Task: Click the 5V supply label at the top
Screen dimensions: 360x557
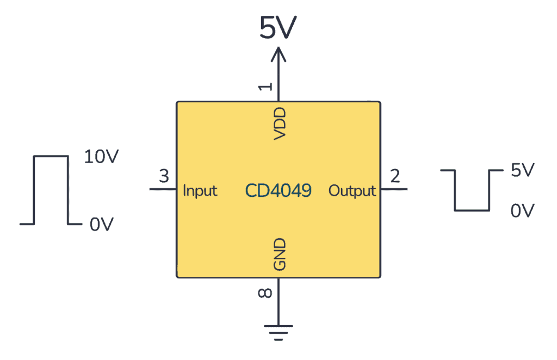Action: coord(278,27)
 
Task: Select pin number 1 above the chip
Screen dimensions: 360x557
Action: coord(265,86)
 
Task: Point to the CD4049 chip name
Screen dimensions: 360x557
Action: coord(278,190)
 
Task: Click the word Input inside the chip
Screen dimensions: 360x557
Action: coord(200,191)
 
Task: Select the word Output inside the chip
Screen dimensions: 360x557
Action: coord(352,191)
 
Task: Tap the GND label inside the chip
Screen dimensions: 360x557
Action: coord(280,255)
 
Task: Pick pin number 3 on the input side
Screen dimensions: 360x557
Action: coord(164,177)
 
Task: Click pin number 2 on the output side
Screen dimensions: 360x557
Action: coord(395,177)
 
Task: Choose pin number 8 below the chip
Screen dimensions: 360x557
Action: coord(265,294)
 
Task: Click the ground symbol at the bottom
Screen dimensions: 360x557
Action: coord(278,331)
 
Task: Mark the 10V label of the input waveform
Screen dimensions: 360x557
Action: coord(101,157)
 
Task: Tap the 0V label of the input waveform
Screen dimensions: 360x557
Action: coord(101,224)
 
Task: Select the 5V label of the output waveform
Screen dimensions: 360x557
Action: coord(523,171)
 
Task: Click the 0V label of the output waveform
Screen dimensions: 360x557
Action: coord(523,210)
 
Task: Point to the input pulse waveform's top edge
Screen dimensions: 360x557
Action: coord(51,157)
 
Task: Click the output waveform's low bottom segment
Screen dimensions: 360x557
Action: coord(472,210)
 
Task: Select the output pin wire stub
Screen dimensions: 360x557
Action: coord(394,190)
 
